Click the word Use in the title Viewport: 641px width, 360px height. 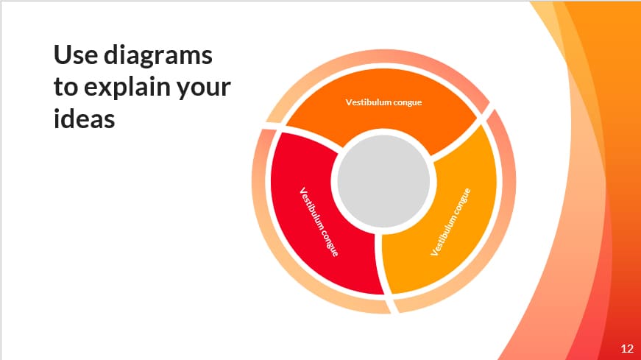point(75,54)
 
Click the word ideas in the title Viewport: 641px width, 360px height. point(84,119)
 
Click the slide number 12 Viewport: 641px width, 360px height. point(627,348)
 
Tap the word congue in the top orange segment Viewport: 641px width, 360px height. point(408,102)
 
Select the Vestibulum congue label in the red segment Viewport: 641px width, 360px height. point(319,222)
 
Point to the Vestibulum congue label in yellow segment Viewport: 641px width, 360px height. point(450,222)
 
